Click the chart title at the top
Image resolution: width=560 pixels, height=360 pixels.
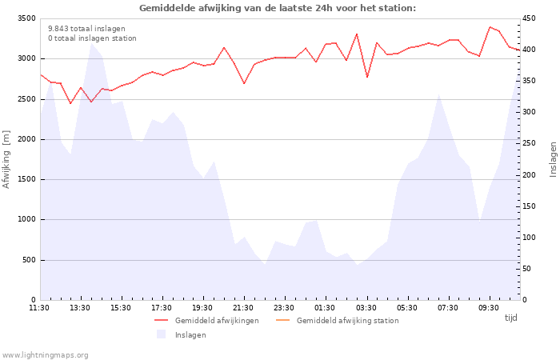(278, 8)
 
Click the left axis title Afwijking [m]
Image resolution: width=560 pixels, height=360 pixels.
(6, 159)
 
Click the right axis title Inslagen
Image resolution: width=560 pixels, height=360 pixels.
(553, 158)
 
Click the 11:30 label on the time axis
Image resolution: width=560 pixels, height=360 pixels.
(39, 307)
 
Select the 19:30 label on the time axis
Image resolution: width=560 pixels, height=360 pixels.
(202, 307)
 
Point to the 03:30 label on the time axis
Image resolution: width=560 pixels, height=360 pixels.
(366, 307)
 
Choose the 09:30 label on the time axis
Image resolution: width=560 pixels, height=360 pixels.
(488, 307)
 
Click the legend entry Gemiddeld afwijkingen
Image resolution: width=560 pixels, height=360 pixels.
(216, 321)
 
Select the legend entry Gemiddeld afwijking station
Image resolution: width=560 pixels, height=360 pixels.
(347, 321)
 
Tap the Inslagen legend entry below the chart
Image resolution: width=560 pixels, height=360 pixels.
(190, 334)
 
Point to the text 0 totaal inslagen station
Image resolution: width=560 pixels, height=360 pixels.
(92, 38)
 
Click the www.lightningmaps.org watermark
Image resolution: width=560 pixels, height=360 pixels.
(45, 354)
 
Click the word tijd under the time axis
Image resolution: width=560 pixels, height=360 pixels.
(510, 318)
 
